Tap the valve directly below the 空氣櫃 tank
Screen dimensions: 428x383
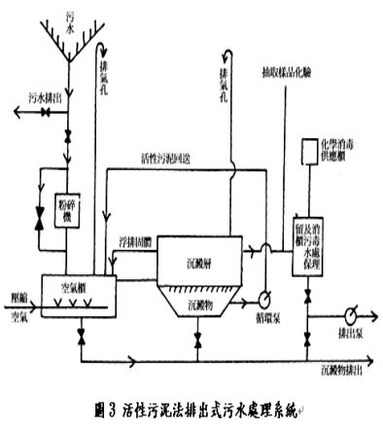pos(77,335)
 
